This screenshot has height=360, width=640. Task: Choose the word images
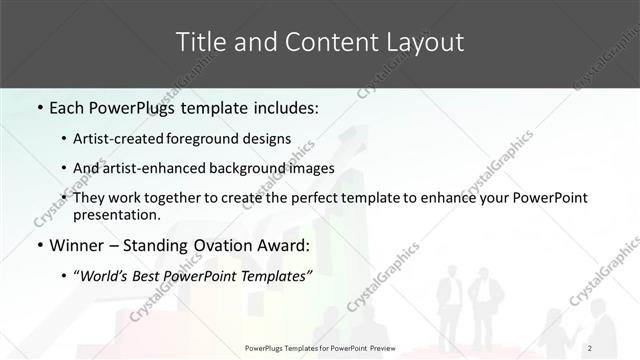[x=311, y=168]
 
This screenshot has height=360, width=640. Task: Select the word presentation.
[x=117, y=214]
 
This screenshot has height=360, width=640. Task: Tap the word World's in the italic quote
[x=109, y=276]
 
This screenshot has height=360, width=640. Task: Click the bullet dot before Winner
[x=38, y=244]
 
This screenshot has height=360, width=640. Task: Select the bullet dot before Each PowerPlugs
[x=38, y=105]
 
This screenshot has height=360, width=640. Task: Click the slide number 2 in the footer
[x=590, y=347]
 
